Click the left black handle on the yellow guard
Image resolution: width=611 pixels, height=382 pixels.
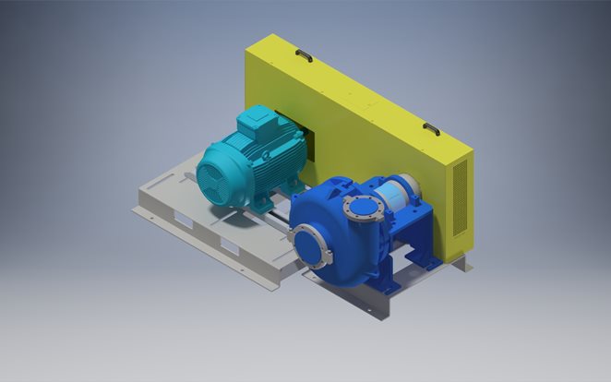pyautogui.click(x=303, y=56)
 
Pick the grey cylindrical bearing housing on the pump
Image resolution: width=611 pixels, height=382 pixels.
pyautogui.click(x=393, y=198)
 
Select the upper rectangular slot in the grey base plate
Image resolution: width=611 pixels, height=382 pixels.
pyautogui.click(x=185, y=222)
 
